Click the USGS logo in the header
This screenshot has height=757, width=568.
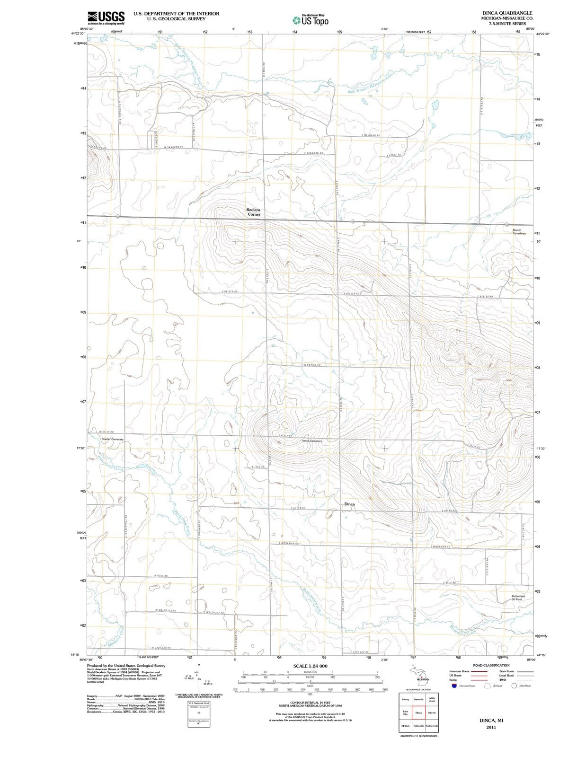click(106, 18)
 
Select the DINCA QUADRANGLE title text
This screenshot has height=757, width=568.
click(507, 13)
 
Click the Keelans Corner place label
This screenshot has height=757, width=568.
click(253, 211)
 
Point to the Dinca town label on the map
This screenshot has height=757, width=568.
click(349, 504)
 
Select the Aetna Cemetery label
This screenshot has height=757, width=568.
click(312, 441)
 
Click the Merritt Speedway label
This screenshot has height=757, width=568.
click(519, 232)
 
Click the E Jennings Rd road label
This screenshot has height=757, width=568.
click(312, 365)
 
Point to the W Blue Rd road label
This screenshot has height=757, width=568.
click(161, 576)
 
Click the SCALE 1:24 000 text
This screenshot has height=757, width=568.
click(310, 666)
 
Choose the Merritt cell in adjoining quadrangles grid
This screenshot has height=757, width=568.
click(432, 713)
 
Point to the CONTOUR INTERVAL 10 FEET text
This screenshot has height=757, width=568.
click(310, 703)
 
